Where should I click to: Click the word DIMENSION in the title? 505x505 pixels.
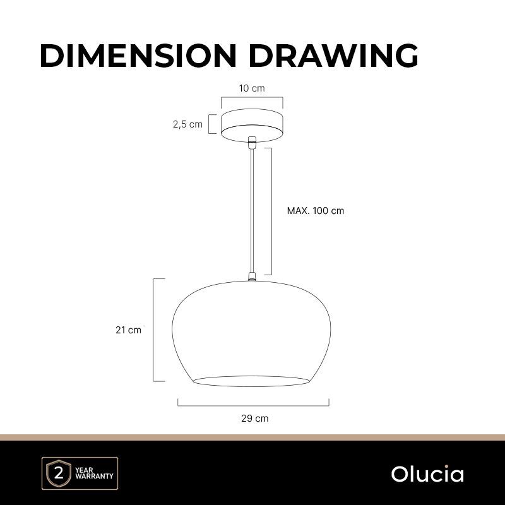point(138,56)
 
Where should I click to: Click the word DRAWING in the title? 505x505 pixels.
point(333,56)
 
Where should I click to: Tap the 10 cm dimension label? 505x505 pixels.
point(252,88)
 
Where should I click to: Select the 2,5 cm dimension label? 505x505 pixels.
point(187,124)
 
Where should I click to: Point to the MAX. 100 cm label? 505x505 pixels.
point(316,211)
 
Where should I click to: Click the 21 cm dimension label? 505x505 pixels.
point(129,330)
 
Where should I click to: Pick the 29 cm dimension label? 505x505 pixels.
point(254,419)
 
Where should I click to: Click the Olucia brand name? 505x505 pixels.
point(427,474)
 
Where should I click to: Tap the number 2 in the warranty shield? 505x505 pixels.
point(59,474)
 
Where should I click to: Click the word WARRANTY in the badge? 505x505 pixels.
point(94,476)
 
